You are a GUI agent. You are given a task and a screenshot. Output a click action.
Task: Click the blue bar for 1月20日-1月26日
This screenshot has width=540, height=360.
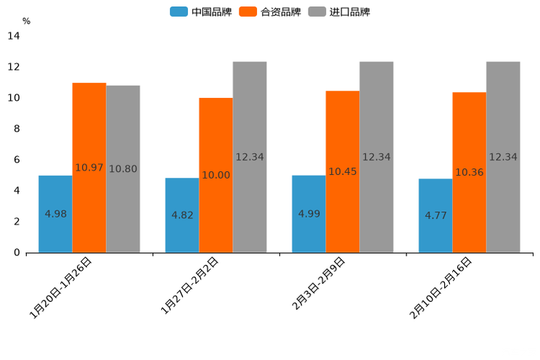[55, 214]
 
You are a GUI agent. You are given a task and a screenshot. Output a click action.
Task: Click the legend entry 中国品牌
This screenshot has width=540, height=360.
[201, 12]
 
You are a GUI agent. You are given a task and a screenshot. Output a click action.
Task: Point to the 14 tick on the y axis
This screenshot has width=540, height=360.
[13, 36]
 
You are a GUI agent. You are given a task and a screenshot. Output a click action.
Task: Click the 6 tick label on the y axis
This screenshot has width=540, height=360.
[16, 160]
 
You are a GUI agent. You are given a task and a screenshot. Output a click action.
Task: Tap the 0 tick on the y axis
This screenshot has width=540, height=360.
[16, 253]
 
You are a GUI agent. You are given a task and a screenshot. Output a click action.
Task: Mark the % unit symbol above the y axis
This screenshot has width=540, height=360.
[26, 21]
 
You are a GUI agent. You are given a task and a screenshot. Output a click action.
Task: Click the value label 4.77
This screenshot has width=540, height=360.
[435, 216]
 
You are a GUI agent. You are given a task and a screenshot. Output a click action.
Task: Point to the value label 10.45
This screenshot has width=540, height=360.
[343, 172]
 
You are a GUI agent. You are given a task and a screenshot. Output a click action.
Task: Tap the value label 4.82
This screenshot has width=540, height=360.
[182, 216]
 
